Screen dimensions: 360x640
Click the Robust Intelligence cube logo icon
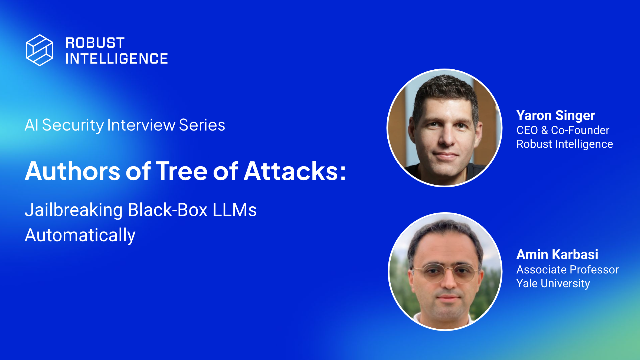[40, 50]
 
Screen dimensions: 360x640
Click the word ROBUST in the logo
[95, 43]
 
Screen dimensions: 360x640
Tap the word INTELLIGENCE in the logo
[117, 59]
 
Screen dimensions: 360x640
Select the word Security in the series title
[73, 125]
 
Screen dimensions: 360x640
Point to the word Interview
[141, 125]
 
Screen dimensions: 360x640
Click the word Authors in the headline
[72, 171]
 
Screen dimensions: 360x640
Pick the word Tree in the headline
[182, 171]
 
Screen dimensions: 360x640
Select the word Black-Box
[168, 210]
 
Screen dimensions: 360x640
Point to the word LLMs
[235, 210]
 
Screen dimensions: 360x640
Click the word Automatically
[80, 235]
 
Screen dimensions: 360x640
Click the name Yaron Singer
[556, 116]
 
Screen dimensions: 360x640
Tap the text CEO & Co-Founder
[563, 130]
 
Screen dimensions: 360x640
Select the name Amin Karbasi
[557, 255]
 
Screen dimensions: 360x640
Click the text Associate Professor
[567, 270]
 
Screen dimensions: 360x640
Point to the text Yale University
[553, 284]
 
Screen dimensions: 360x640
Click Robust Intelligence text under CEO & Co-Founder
[564, 144]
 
